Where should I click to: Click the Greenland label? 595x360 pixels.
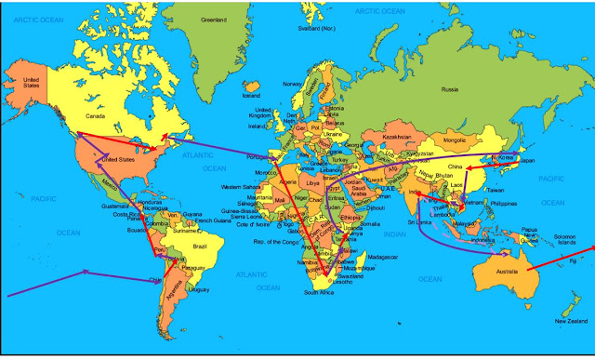tap(215, 20)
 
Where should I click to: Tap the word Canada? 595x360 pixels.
tap(96, 117)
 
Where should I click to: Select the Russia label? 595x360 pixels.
tap(450, 90)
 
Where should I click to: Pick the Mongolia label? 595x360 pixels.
tap(454, 140)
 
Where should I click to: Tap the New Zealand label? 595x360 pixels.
tap(570, 322)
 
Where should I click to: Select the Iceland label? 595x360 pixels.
tap(251, 95)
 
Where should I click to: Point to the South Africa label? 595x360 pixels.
tap(318, 292)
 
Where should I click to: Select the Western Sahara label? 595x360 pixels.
tap(240, 187)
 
